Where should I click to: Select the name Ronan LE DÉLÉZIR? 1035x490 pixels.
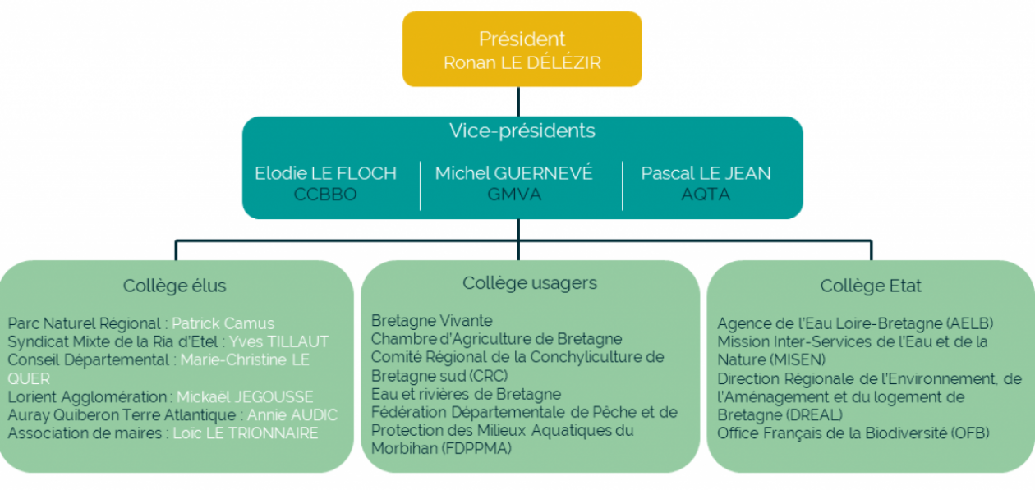pyautogui.click(x=522, y=63)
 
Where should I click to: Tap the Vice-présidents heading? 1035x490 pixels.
pyautogui.click(x=522, y=131)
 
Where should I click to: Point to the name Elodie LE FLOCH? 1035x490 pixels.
pyautogui.click(x=325, y=173)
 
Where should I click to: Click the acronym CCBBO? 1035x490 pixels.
pyautogui.click(x=325, y=195)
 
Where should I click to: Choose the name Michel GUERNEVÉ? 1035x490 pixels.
pyautogui.click(x=513, y=173)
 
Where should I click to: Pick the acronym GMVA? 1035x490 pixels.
pyautogui.click(x=513, y=195)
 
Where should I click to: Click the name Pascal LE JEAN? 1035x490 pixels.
pyautogui.click(x=706, y=173)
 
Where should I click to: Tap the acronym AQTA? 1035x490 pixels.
pyautogui.click(x=706, y=195)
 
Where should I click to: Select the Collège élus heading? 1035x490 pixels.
pyautogui.click(x=174, y=286)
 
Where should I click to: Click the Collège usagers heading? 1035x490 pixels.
pyautogui.click(x=530, y=283)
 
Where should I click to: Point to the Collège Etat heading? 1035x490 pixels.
pyautogui.click(x=871, y=286)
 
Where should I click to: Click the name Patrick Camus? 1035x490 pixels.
pyautogui.click(x=223, y=324)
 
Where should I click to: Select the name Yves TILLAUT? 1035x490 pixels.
pyautogui.click(x=278, y=342)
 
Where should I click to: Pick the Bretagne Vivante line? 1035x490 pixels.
pyautogui.click(x=431, y=321)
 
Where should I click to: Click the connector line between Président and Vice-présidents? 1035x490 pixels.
pyautogui.click(x=518, y=101)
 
